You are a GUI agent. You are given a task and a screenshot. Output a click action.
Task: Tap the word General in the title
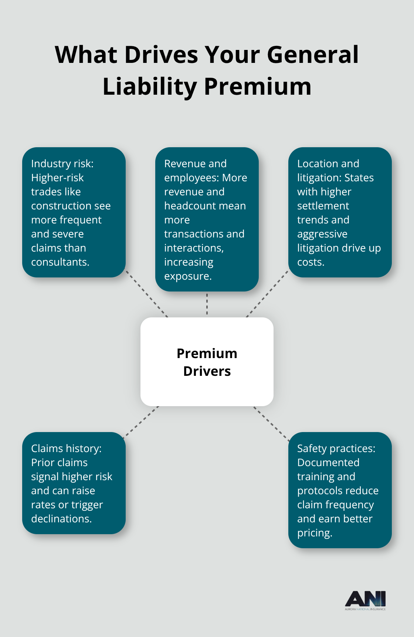coord(312,55)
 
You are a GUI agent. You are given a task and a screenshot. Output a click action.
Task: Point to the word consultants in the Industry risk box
coord(60,262)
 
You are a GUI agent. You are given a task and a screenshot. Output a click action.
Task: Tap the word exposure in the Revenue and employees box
coord(187,276)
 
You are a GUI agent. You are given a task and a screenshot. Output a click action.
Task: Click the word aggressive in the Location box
coord(322,234)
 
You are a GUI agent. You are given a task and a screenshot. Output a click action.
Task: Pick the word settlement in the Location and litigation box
coord(323,206)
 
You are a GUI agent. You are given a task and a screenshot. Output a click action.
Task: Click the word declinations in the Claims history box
coord(61,519)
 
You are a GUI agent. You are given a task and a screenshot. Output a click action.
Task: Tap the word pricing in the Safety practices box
coord(314,533)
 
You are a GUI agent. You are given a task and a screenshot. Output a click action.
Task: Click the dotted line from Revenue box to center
coord(207,304)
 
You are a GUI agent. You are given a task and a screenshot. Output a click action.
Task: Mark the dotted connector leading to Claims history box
coord(141,421)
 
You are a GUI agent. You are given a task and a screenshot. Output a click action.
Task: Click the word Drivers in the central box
coord(207,371)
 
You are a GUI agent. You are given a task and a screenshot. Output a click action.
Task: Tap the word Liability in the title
coord(149,87)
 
